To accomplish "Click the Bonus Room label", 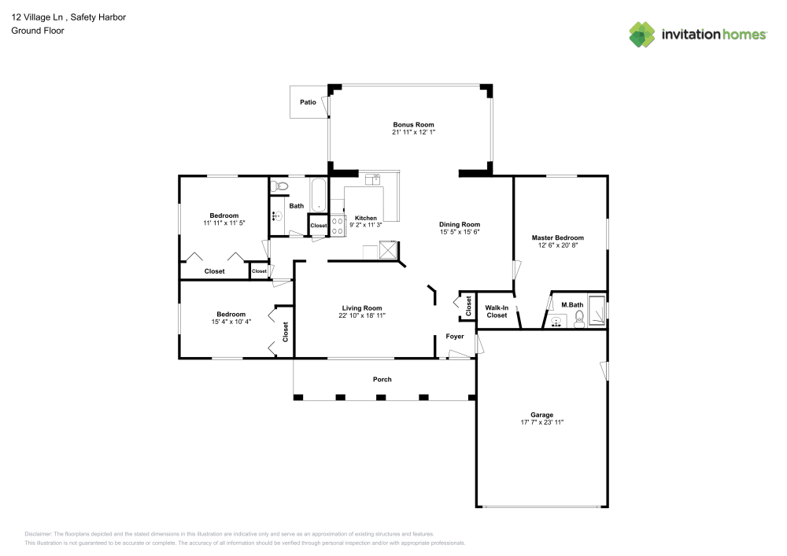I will pyautogui.click(x=413, y=124).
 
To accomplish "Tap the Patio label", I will pyautogui.click(x=308, y=102).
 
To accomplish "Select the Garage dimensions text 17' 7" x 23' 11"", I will pyautogui.click(x=541, y=423).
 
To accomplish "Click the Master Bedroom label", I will pyautogui.click(x=557, y=237).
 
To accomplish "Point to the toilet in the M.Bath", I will pyautogui.click(x=581, y=317).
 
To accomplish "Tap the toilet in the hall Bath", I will pyautogui.click(x=280, y=187).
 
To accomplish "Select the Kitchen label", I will pyautogui.click(x=365, y=218).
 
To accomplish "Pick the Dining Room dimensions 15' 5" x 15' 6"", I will pyautogui.click(x=459, y=232).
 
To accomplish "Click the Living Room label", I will pyautogui.click(x=362, y=307).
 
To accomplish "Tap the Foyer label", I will pyautogui.click(x=455, y=337).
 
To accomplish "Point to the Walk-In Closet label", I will pyautogui.click(x=497, y=311).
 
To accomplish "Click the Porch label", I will pyautogui.click(x=382, y=380).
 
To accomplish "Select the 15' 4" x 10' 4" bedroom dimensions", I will pyautogui.click(x=231, y=322).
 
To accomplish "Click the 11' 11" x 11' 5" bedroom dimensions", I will pyautogui.click(x=224, y=223).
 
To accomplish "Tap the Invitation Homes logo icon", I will pyautogui.click(x=642, y=35).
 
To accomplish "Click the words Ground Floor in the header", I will pyautogui.click(x=38, y=31).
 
